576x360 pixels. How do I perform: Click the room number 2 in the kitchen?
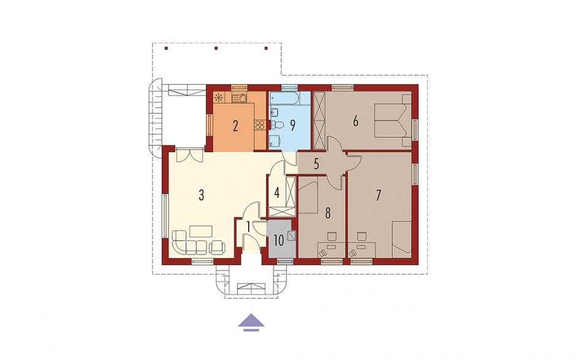(235, 126)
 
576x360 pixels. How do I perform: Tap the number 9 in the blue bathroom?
(292, 125)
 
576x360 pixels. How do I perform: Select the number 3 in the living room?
(202, 195)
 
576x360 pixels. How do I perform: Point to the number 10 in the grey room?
(279, 241)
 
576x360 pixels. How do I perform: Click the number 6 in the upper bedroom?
(355, 121)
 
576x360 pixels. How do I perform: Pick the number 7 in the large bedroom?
(378, 196)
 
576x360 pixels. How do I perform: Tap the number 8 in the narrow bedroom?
(328, 213)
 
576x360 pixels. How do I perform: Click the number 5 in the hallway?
(317, 164)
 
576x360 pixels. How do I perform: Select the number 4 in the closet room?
(277, 192)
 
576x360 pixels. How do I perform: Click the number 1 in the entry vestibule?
(248, 226)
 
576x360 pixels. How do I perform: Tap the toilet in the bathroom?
(278, 124)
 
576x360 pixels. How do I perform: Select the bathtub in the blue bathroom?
(285, 98)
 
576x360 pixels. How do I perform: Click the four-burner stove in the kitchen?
(260, 124)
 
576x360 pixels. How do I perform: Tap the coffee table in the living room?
(201, 231)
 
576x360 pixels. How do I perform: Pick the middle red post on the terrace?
(216, 48)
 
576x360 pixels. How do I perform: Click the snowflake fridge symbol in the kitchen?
(219, 98)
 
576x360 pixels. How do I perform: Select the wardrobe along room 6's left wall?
(319, 121)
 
